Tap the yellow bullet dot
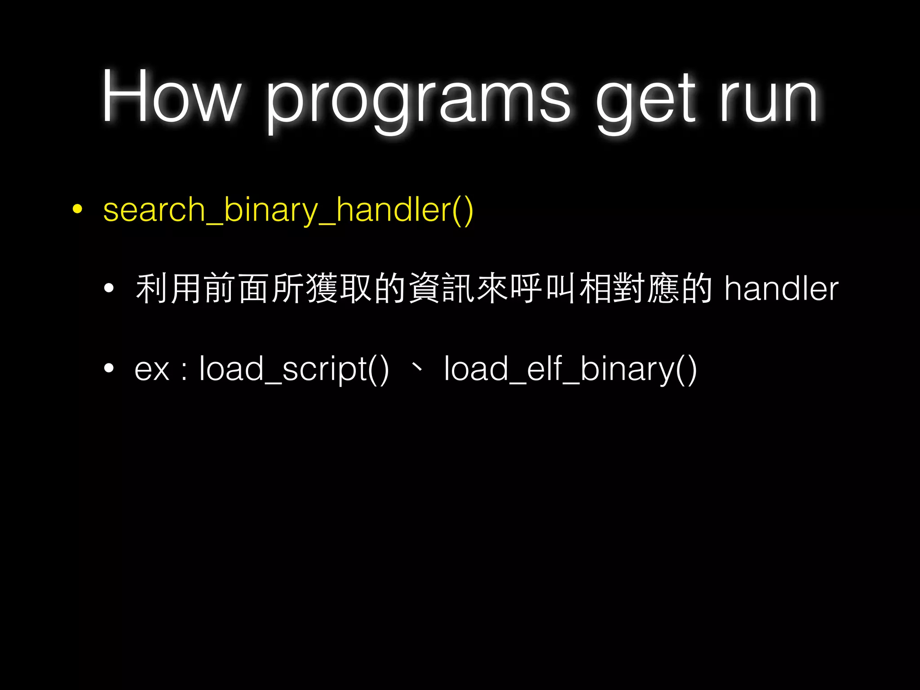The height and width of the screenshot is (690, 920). (x=78, y=209)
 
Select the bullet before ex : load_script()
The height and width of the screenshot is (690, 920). (x=109, y=369)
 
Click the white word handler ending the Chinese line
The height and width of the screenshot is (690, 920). (x=781, y=289)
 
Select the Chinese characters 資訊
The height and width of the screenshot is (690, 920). (x=442, y=289)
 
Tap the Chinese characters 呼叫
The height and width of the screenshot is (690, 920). (x=544, y=289)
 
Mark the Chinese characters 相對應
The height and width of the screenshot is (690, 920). (x=629, y=289)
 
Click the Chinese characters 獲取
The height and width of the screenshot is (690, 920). (x=339, y=289)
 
